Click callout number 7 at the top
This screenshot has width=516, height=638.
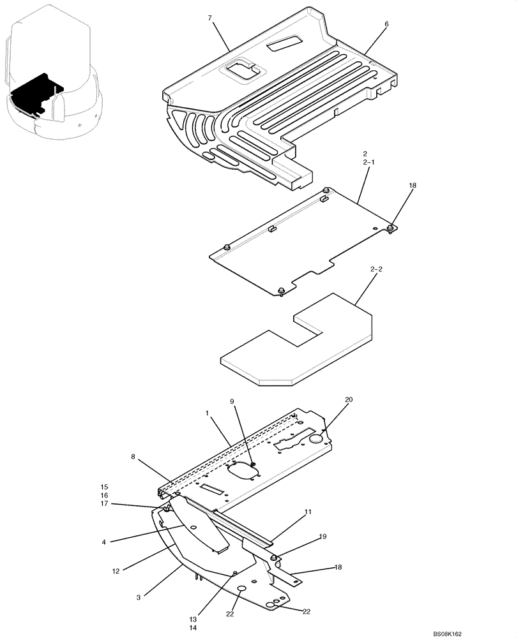point(209,19)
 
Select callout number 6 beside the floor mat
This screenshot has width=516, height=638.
point(386,24)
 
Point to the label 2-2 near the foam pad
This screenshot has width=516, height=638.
point(376,270)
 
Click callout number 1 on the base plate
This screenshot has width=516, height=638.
point(208,413)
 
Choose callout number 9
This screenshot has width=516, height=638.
point(232,401)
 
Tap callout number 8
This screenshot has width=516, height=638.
point(133,457)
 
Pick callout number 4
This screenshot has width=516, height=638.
point(104,542)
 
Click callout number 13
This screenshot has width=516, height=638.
point(193,619)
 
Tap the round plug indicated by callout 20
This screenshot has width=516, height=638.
point(316,438)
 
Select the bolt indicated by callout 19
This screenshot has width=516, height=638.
point(273,558)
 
